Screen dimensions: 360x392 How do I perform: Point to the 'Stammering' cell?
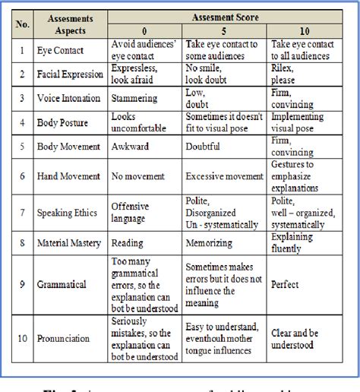[135, 97]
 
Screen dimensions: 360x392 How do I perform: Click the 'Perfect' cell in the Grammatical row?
[285, 285]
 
